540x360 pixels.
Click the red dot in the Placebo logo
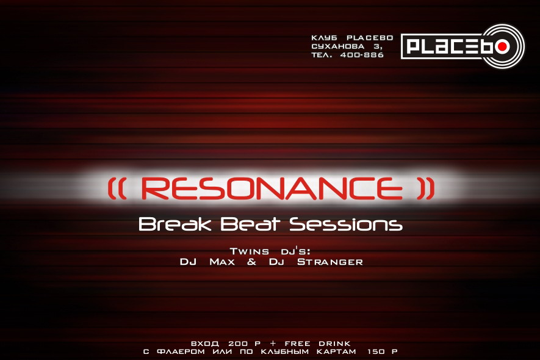click(503, 46)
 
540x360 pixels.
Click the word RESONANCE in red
click(272, 189)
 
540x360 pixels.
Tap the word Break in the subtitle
click(175, 224)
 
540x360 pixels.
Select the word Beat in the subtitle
click(250, 224)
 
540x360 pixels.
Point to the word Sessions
click(346, 224)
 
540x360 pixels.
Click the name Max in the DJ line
click(222, 262)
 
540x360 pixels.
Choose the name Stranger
click(330, 262)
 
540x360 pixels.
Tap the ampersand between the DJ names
click(252, 262)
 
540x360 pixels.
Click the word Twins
click(250, 251)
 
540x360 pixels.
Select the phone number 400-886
click(362, 55)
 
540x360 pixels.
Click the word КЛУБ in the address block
click(324, 38)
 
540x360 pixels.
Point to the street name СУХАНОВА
click(338, 46)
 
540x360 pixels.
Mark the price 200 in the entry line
click(238, 344)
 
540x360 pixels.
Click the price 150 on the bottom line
click(376, 351)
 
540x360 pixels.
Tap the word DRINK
click(334, 344)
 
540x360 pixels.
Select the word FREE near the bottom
click(297, 344)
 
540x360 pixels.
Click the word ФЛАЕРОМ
click(181, 351)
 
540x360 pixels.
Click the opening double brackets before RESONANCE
click(117, 189)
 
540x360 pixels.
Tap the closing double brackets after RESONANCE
click(426, 189)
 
